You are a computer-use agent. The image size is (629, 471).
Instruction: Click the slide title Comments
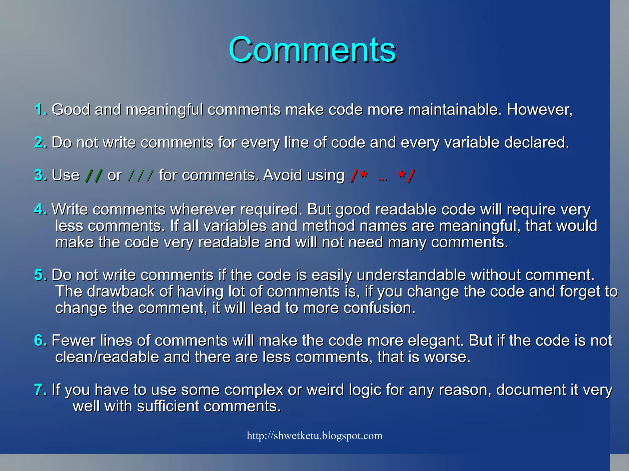[312, 50]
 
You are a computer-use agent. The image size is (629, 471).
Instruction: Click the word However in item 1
[539, 110]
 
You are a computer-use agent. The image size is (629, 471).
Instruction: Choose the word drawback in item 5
[120, 291]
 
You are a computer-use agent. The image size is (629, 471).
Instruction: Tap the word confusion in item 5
[379, 308]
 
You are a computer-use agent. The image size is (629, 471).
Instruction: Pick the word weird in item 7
[326, 390]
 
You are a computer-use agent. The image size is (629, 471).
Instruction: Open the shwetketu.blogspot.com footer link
[314, 436]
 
